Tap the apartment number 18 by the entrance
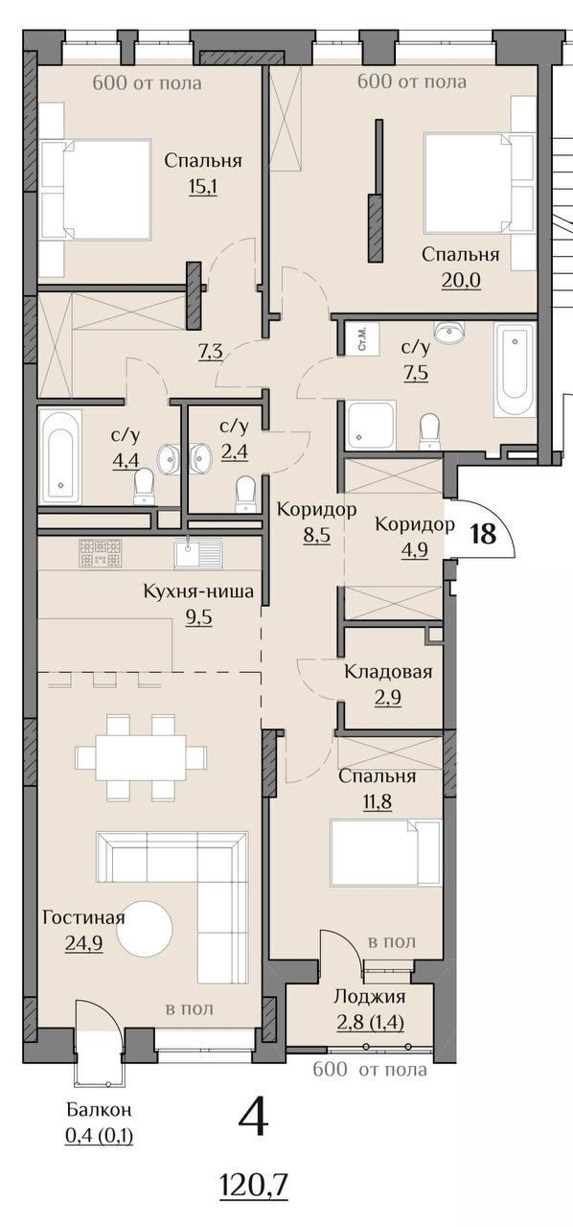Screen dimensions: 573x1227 pyautogui.click(x=484, y=533)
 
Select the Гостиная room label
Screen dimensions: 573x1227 pyautogui.click(x=83, y=917)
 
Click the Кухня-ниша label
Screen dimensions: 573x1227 pyautogui.click(x=198, y=591)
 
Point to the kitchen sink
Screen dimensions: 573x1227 pyautogui.click(x=198, y=553)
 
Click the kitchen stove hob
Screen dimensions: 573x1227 pyautogui.click(x=101, y=553)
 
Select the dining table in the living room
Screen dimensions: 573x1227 pyautogui.click(x=141, y=757)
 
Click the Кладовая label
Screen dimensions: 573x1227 pyautogui.click(x=388, y=672)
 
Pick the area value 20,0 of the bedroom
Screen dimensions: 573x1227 pyautogui.click(x=461, y=281)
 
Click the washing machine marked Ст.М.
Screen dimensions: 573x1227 pyautogui.click(x=362, y=339)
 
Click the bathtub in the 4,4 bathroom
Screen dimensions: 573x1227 pyautogui.click(x=60, y=456)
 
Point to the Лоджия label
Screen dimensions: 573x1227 pyautogui.click(x=370, y=996)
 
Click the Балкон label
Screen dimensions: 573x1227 pyautogui.click(x=99, y=1110)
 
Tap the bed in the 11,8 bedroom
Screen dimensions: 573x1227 pyautogui.click(x=385, y=852)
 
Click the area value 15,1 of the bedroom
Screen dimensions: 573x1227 pyautogui.click(x=203, y=187)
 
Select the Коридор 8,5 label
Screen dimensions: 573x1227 pyautogui.click(x=316, y=521)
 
